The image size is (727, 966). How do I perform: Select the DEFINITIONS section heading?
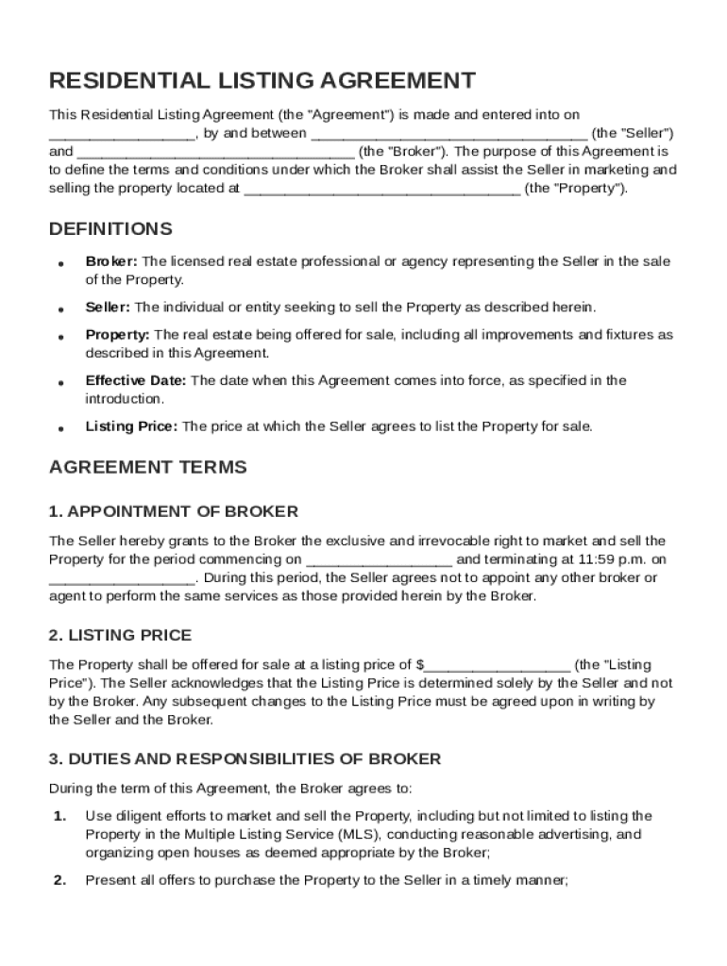[x=110, y=229]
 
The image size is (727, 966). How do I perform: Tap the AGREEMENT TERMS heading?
[x=147, y=467]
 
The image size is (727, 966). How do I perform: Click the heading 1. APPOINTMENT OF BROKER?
[x=174, y=511]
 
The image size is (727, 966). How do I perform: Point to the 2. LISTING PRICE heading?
[x=120, y=635]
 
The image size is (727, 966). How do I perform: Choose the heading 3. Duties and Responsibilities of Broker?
[x=245, y=758]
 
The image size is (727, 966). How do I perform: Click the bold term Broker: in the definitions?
[x=111, y=261]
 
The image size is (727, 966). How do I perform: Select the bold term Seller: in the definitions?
[x=109, y=308]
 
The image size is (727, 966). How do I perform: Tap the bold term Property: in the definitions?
[x=117, y=335]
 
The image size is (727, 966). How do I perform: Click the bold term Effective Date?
[x=136, y=380]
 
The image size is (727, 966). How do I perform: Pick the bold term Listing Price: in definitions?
[x=131, y=426]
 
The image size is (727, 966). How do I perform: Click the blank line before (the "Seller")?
[x=448, y=134]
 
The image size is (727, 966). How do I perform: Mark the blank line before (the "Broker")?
[x=216, y=152]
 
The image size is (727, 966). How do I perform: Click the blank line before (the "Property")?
[x=381, y=189]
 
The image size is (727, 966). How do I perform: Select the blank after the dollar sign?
[x=498, y=665]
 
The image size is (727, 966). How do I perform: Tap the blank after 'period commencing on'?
[x=379, y=559]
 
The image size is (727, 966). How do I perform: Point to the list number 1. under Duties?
[x=59, y=816]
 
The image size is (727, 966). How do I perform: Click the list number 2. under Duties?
[x=59, y=880]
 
